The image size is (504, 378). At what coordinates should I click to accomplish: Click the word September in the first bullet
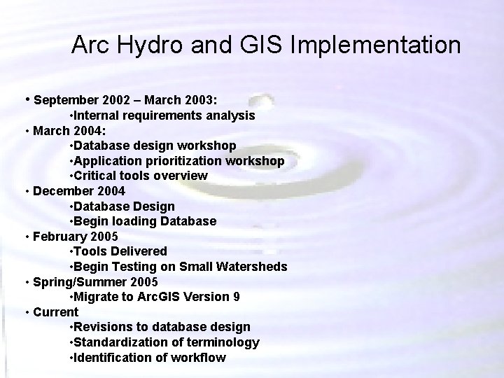(x=64, y=100)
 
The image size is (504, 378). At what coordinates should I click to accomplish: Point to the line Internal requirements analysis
(x=162, y=115)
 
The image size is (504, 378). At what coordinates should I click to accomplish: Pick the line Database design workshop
(x=153, y=146)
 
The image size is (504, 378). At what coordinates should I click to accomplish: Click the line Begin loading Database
(x=143, y=221)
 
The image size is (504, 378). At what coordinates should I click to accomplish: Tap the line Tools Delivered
(x=119, y=251)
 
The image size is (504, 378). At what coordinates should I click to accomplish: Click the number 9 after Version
(x=237, y=297)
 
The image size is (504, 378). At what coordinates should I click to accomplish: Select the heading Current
(x=55, y=311)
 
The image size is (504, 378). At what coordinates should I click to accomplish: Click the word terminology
(x=224, y=342)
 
